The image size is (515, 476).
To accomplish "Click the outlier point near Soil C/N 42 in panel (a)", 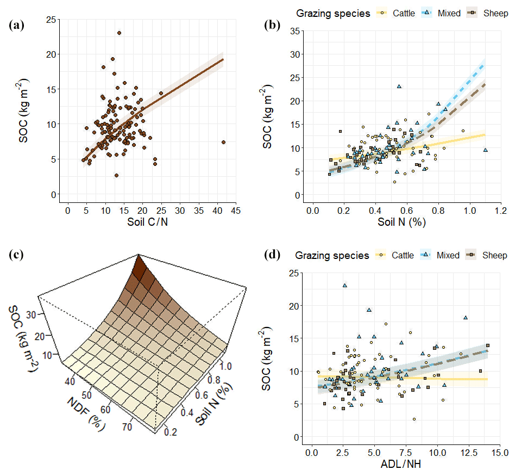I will pos(223,142).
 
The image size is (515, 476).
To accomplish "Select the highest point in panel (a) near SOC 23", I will pos(119,33).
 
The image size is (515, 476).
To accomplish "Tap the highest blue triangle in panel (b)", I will pos(399,86).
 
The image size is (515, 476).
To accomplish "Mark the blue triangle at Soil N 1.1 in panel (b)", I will pos(485,150).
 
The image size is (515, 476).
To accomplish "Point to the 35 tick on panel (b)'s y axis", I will pos(293,30).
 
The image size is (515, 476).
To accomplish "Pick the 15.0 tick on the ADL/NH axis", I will pos(499,453).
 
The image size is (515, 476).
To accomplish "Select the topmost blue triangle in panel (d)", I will pos(344,285).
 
